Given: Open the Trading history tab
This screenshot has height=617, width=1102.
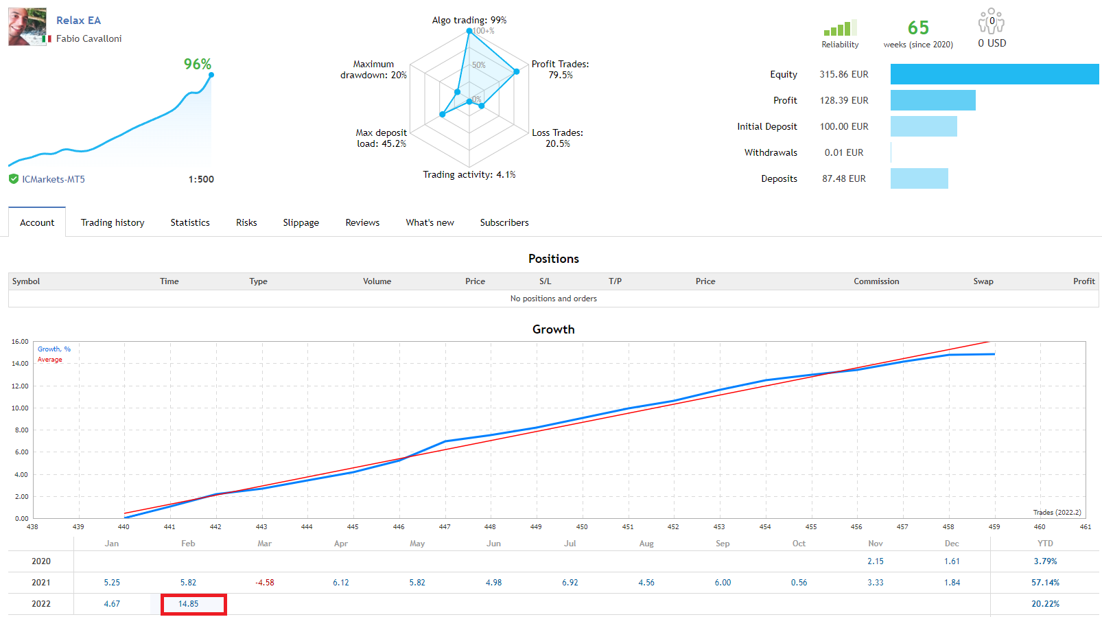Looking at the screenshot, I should point(113,222).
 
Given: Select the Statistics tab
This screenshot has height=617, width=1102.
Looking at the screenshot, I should point(190,222).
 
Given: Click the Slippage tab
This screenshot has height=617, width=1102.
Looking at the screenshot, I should point(301,222).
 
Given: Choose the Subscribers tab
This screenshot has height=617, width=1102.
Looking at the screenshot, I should point(504,222).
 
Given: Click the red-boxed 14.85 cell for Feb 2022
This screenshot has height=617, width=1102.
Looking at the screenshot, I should point(189,604).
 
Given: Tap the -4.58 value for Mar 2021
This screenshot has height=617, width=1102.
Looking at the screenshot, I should point(265,583).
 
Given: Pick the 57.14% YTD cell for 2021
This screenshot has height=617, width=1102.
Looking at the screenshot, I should point(1045,583).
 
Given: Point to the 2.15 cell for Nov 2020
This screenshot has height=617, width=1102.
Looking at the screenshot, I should point(875,561).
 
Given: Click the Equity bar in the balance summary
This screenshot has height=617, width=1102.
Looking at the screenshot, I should point(994,74).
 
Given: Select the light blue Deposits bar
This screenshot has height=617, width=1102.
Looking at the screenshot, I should point(919,178).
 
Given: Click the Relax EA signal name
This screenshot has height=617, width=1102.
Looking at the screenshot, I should point(78,21).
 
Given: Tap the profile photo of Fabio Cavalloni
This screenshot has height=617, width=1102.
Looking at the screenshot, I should point(27,27).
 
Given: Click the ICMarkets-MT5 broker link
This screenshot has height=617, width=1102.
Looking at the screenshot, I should point(54,179).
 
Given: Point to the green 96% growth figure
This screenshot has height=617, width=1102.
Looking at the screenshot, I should point(197,65).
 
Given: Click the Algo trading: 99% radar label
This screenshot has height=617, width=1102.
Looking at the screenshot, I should point(469,20).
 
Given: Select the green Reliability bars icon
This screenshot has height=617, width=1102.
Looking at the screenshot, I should point(840,29).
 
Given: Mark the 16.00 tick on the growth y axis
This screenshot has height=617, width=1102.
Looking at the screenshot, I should point(20,341).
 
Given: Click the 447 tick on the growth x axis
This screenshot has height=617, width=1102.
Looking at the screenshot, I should point(445,527).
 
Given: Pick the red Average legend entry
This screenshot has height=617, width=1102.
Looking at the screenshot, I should point(49,360).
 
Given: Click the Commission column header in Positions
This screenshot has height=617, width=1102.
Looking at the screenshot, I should point(876,281).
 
